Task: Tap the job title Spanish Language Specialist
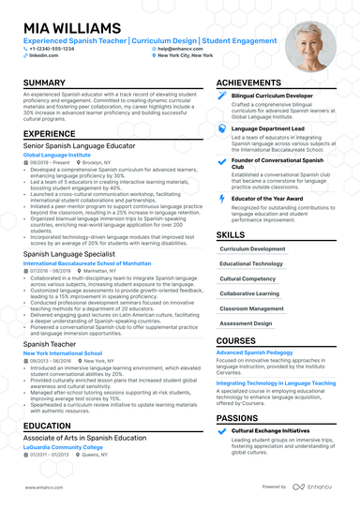click(74, 253)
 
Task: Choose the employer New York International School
click(64, 352)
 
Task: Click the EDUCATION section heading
click(48, 425)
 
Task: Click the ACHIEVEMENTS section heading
click(255, 83)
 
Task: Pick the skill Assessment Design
click(247, 322)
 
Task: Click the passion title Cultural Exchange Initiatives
click(272, 430)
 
